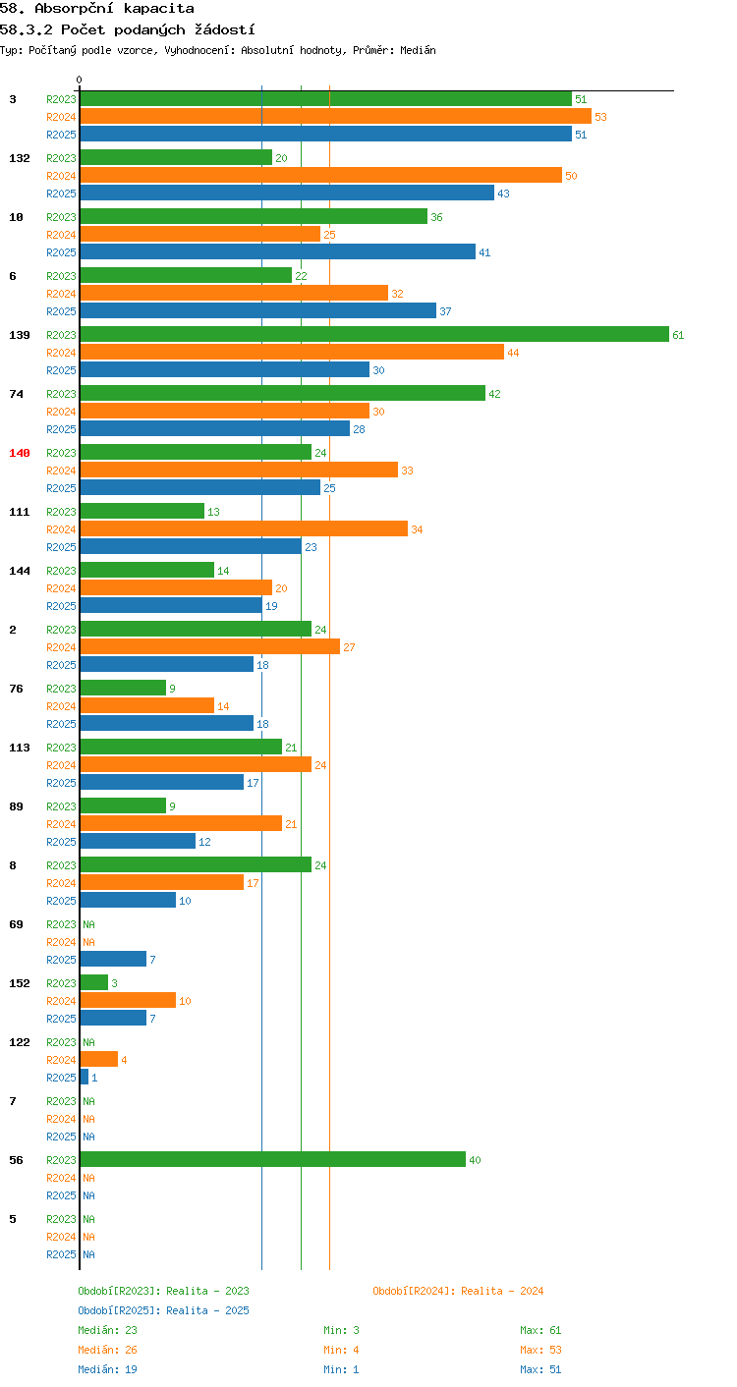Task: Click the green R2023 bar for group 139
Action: pos(374,334)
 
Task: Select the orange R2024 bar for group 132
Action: pos(320,175)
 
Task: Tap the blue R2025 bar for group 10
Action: pos(277,252)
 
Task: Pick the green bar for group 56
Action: pos(272,1160)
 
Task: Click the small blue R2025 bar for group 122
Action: pos(85,1078)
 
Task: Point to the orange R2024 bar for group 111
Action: pos(244,528)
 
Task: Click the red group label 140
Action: pos(20,453)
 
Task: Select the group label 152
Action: pos(20,983)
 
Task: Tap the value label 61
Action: pos(678,335)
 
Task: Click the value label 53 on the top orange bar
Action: pos(600,117)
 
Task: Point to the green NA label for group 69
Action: pos(89,924)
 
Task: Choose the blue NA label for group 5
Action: pos(89,1254)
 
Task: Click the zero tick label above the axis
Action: pos(79,80)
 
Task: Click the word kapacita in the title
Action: pos(158,9)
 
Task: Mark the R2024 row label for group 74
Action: pos(61,412)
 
